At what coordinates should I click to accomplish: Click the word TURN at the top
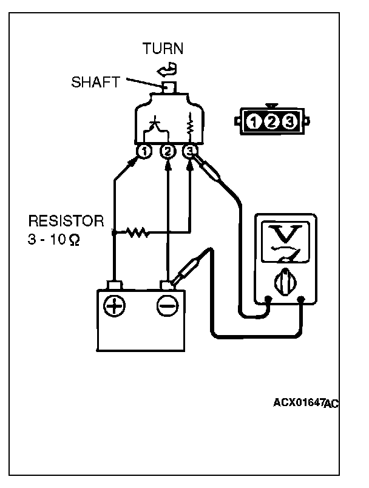pos(163,49)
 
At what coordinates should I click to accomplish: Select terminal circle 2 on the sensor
pos(167,151)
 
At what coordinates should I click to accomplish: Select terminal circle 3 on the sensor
pos(191,151)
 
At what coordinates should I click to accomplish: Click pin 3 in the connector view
pos(289,122)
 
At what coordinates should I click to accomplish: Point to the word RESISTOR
pos(66,219)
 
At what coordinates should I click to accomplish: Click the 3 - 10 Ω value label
pos(53,239)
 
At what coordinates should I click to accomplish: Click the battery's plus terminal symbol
pos(113,307)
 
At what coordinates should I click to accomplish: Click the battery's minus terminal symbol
pos(167,307)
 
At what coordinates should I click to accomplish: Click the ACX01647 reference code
pos(298,402)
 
